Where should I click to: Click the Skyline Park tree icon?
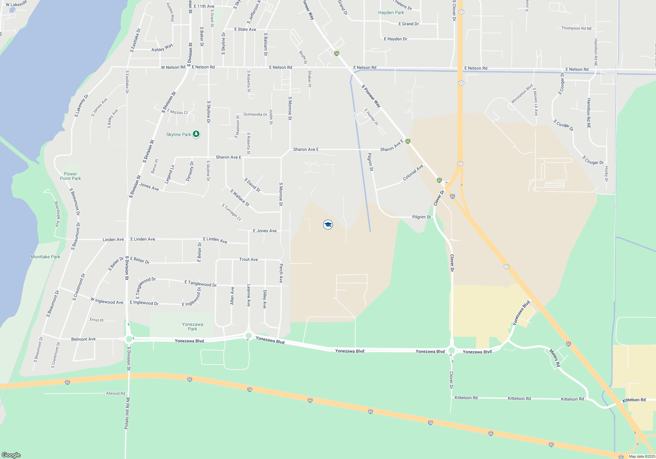[x=196, y=134]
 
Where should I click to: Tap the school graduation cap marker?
[x=328, y=225]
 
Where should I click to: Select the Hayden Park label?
[x=391, y=12]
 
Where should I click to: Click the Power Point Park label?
[x=71, y=176]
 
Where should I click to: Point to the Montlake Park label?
[x=46, y=257]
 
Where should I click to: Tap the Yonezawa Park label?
[x=193, y=327]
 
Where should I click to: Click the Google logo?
[x=11, y=455]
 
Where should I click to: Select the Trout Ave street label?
[x=248, y=259]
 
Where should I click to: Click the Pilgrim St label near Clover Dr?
[x=421, y=217]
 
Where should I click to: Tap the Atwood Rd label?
[x=115, y=393]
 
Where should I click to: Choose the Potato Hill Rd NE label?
[x=127, y=413]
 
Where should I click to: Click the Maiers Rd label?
[x=555, y=358]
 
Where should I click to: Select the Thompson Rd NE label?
[x=576, y=29]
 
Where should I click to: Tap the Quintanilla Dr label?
[x=255, y=114]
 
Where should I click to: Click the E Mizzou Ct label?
[x=177, y=112]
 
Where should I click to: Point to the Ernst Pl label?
[x=96, y=320]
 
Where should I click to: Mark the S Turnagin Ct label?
[x=231, y=212]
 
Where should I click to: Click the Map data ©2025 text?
[x=642, y=456]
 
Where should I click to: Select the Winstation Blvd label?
[x=522, y=94]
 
